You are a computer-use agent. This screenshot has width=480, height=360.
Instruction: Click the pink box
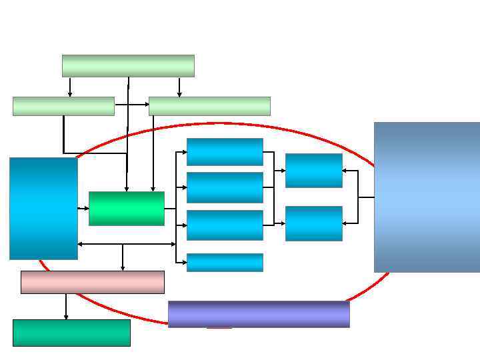click(92, 282)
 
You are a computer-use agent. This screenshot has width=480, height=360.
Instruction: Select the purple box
click(259, 314)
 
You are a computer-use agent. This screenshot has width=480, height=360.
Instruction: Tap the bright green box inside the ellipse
click(127, 209)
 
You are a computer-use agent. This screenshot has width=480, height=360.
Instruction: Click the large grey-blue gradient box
click(427, 197)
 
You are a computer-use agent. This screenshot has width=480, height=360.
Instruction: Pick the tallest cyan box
click(43, 208)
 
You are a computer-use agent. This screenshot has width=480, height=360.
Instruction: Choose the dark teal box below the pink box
click(71, 333)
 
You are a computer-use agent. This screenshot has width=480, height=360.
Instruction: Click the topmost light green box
click(128, 66)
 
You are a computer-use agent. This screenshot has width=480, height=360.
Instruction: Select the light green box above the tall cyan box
click(63, 106)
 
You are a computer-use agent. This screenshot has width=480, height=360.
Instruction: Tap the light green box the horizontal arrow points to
click(209, 106)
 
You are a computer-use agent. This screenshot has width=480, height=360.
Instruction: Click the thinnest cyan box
click(225, 262)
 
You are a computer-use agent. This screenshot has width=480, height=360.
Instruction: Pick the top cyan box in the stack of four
click(225, 151)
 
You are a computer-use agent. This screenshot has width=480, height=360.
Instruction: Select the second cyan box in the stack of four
click(225, 187)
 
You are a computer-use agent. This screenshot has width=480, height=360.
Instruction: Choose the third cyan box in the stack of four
click(225, 225)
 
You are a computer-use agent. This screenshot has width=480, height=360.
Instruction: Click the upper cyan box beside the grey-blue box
click(313, 171)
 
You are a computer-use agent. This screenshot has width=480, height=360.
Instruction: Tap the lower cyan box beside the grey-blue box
click(313, 223)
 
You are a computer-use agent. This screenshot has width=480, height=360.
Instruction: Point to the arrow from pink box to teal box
click(66, 306)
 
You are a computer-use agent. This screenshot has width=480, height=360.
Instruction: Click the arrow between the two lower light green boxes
click(131, 105)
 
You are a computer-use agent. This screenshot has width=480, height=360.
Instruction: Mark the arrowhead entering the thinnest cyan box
click(183, 262)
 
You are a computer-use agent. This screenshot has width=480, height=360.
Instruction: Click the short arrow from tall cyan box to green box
click(83, 209)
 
